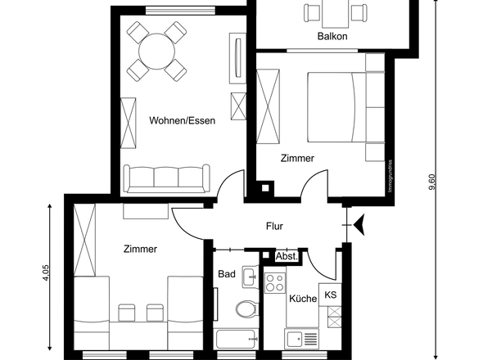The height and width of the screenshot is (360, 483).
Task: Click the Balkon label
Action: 332,37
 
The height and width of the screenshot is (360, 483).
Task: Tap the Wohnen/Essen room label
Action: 182,121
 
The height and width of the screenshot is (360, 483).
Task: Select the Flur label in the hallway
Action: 274,226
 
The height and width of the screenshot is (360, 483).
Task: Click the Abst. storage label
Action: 287,256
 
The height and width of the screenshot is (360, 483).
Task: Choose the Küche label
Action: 303,299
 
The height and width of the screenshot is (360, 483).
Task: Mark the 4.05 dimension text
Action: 46,273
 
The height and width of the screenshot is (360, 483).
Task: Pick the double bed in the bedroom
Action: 336,108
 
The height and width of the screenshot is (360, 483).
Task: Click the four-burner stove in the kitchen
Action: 273,283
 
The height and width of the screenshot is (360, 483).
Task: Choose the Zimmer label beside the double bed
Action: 296,159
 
